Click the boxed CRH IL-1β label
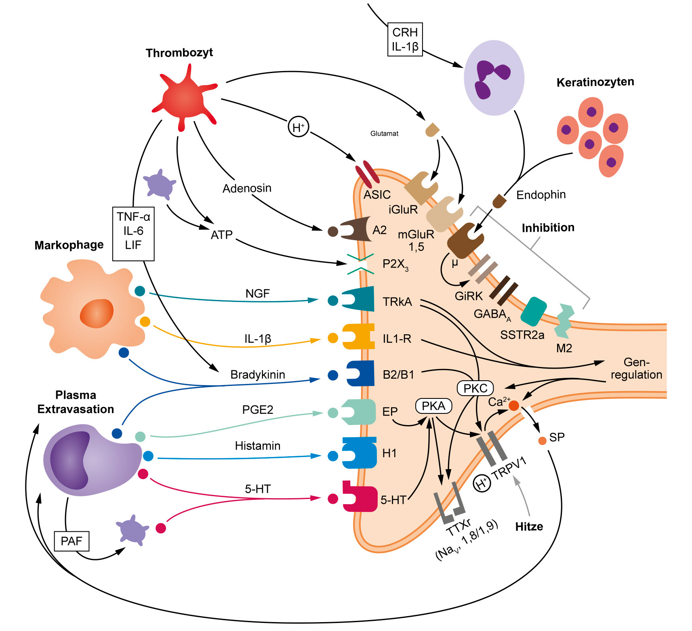click(405, 39)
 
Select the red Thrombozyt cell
click(184, 98)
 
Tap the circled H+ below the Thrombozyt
click(298, 127)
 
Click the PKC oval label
click(475, 388)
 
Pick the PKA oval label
click(433, 406)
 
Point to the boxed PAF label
click(72, 541)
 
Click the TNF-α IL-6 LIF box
click(133, 233)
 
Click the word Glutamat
click(384, 134)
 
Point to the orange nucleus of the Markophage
click(97, 313)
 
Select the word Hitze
click(529, 526)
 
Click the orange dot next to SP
click(542, 441)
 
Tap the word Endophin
click(541, 195)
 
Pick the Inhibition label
click(548, 228)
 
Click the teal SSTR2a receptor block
click(533, 311)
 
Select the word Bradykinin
click(258, 375)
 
